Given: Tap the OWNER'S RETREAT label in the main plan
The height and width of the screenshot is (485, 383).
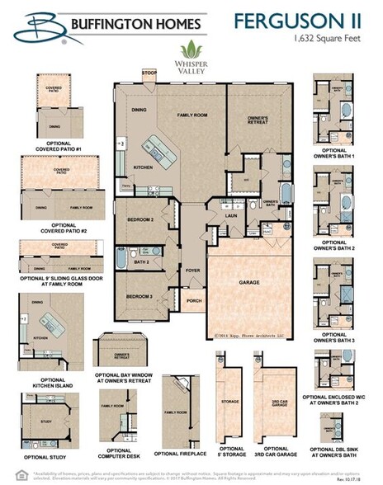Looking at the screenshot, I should pos(257,120).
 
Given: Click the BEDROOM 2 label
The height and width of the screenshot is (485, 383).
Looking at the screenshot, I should pos(141,220).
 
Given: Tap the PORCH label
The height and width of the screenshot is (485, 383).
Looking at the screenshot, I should pos(195,301).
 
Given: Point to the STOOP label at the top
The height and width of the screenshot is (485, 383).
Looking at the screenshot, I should pos(149,73).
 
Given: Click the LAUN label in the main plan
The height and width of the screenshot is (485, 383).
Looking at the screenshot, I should pos(233,216).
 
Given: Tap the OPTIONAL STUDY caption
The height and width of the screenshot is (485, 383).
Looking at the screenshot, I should pos(46,456).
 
